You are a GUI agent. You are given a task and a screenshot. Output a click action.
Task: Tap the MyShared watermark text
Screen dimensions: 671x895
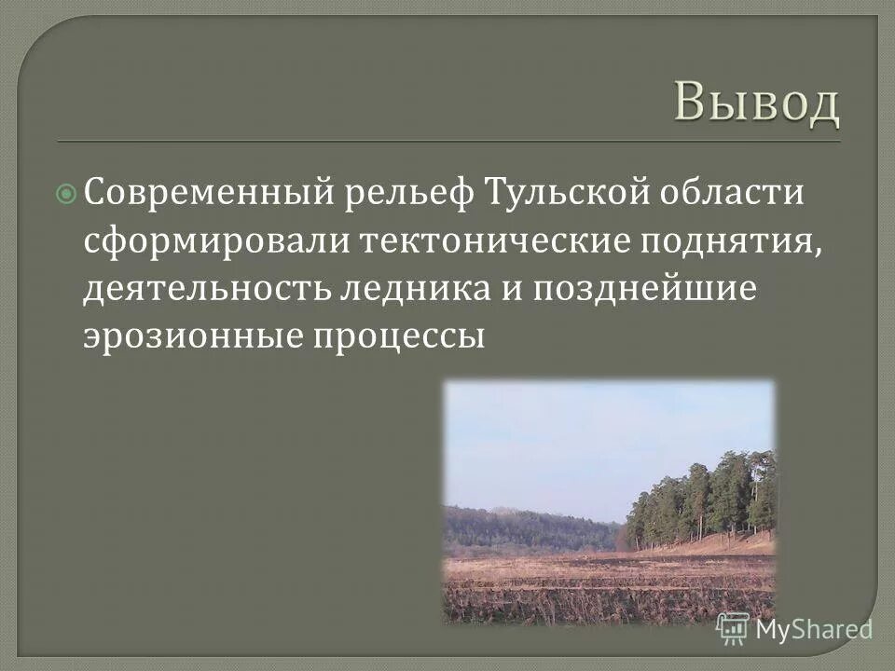[814, 629]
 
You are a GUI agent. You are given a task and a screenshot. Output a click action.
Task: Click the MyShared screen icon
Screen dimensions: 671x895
[733, 629]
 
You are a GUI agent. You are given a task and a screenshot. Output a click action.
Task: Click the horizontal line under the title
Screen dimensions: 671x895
[447, 142]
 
